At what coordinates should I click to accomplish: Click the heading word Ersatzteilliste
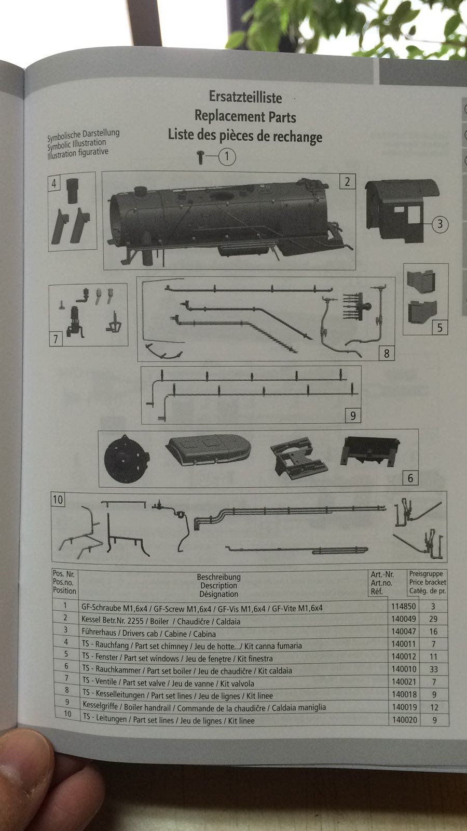click(245, 97)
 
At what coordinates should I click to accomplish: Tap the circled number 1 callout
click(227, 156)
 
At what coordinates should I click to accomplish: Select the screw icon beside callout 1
click(200, 157)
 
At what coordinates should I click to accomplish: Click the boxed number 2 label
click(347, 181)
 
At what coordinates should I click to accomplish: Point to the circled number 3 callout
click(440, 224)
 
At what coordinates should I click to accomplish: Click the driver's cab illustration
click(400, 210)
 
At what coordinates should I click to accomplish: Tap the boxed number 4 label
click(54, 183)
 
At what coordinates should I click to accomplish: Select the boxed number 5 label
click(440, 328)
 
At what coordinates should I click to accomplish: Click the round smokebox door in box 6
click(127, 459)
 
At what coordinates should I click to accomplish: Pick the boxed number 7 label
click(56, 339)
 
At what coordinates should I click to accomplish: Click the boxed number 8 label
click(387, 354)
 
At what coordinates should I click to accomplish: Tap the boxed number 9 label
click(353, 416)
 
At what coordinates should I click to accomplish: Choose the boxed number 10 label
click(58, 500)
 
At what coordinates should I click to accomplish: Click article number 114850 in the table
click(403, 607)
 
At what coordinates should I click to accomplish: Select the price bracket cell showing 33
click(433, 669)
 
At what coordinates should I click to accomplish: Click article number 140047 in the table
click(404, 632)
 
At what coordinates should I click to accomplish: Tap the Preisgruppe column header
click(426, 573)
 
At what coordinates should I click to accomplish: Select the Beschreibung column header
click(218, 577)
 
